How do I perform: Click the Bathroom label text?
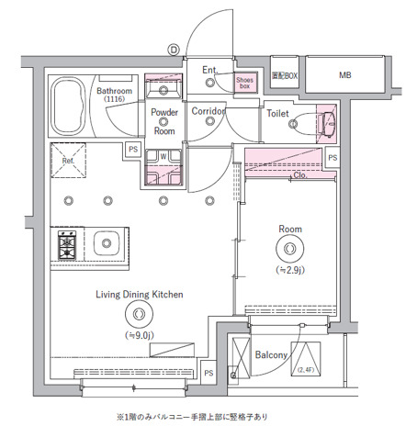coord(115,92)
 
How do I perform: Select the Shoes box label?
coord(244,83)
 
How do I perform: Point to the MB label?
coord(344,75)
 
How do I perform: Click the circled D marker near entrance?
coord(173,50)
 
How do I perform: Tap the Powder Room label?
coord(164,121)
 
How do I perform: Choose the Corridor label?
coord(209,111)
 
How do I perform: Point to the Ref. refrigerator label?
coord(68,160)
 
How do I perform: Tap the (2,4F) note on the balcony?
coord(304,371)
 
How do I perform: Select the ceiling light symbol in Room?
coord(291,248)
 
